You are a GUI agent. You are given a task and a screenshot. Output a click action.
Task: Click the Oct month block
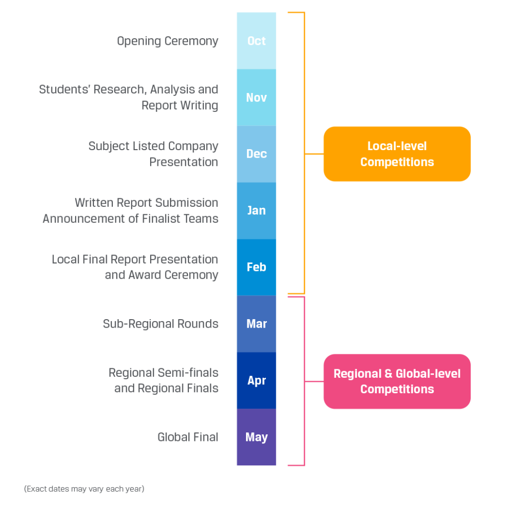coord(256,41)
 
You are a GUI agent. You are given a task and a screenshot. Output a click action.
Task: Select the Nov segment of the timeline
coord(256,97)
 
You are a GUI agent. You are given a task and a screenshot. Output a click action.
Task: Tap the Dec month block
coord(256,154)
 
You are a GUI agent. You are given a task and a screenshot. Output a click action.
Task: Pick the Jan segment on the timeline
coord(256,211)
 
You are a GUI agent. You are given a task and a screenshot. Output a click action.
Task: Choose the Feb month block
coord(256,267)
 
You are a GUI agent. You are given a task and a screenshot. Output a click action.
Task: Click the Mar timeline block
coord(256,324)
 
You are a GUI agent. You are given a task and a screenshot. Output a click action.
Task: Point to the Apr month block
coord(256,380)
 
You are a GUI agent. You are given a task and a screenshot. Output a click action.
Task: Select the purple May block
coord(256,437)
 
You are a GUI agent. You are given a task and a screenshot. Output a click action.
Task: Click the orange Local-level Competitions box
coord(397,154)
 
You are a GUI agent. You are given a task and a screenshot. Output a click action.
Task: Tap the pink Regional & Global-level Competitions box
coord(397,381)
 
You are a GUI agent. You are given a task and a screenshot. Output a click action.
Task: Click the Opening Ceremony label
coord(168,41)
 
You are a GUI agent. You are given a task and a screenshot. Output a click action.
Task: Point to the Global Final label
coord(187,437)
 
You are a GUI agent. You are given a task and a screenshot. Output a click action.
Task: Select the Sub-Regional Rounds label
coord(161,324)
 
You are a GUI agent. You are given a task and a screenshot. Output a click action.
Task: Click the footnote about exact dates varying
coord(84,489)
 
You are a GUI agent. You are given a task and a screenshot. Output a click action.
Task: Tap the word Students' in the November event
coord(65,89)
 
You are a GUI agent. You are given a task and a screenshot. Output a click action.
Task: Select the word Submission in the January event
coord(187,203)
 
